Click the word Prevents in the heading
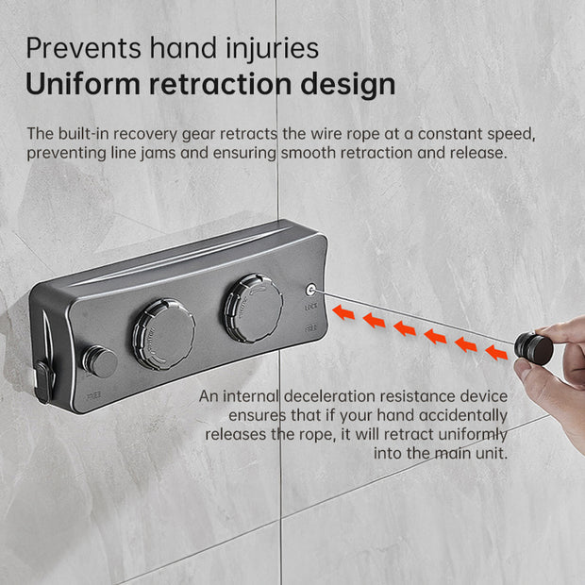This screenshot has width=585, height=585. tap(84, 48)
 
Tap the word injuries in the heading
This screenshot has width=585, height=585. tap(273, 50)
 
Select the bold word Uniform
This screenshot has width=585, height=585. tap(83, 84)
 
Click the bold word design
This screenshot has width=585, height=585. tap(348, 86)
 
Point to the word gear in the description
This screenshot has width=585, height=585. tap(198, 135)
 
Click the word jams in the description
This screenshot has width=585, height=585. tap(158, 154)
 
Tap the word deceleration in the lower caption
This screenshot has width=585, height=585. tap(330, 396)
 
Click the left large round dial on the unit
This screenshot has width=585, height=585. tap(164, 334)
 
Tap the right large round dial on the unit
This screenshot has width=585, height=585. tap(254, 309)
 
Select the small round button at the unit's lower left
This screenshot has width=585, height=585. tap(100, 361)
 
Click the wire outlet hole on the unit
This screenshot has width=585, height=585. tap(310, 290)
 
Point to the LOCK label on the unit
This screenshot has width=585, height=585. tap(310, 307)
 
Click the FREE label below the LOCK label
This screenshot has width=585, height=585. tap(310, 328)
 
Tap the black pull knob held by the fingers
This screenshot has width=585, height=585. tap(533, 349)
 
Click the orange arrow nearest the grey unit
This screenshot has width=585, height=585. tap(343, 312)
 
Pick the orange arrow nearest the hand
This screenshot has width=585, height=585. tap(496, 353)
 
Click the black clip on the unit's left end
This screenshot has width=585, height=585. tap(44, 381)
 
